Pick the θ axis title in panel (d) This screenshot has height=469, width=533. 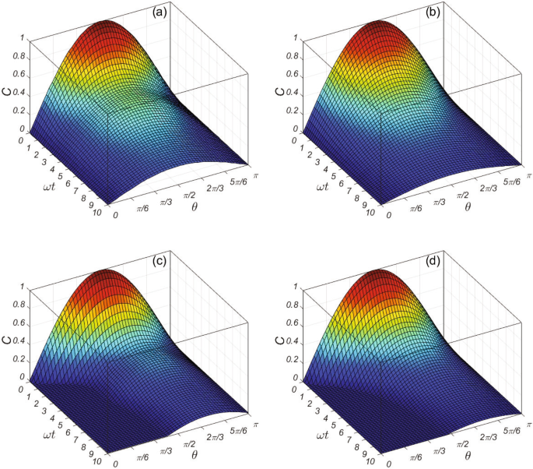click(468, 450)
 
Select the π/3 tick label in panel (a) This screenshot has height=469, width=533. click(163, 203)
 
